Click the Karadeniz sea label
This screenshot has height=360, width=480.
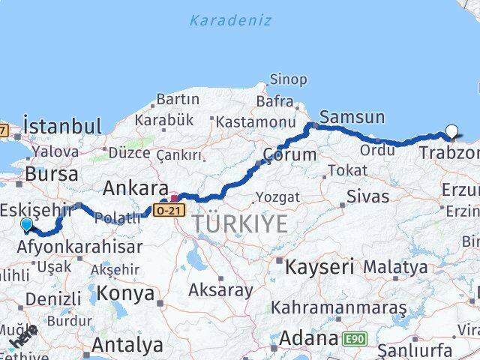[x=229, y=20]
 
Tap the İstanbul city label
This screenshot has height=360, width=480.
[x=61, y=125]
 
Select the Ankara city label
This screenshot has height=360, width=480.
[x=135, y=187]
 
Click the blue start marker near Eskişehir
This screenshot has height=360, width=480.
[x=27, y=223]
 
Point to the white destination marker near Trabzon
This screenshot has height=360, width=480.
[x=451, y=132]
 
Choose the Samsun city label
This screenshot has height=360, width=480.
[x=352, y=117]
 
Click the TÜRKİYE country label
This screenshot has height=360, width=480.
[x=239, y=223]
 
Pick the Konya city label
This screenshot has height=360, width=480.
[x=125, y=291]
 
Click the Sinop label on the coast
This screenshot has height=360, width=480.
[x=289, y=79]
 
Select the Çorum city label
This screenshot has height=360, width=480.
[x=288, y=155]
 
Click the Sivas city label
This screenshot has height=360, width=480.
[x=367, y=197]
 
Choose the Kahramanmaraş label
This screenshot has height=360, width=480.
[x=338, y=307]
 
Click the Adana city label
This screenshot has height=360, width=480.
[x=307, y=339]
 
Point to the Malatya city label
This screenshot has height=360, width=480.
[x=395, y=266]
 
